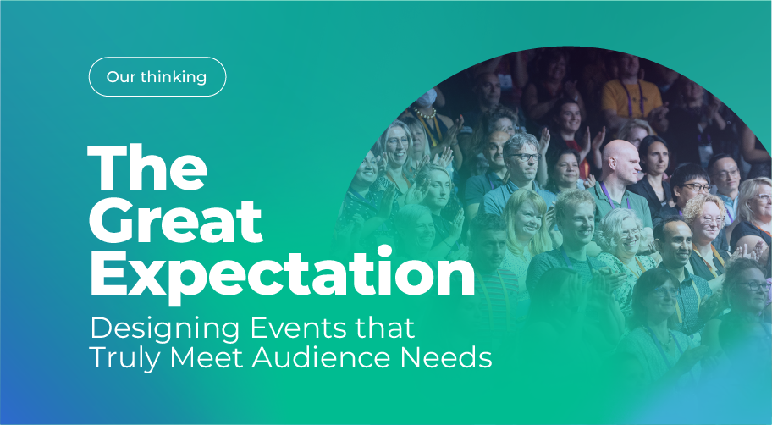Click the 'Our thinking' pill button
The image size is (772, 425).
point(157,77)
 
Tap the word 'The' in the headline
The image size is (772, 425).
point(147,168)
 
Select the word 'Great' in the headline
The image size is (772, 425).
point(175,222)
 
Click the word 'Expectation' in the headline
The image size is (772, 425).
point(282,275)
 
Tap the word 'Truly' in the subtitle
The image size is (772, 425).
point(125,359)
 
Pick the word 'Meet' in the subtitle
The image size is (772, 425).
point(207,357)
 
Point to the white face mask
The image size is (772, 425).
point(427,97)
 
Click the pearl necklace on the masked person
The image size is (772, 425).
point(425,113)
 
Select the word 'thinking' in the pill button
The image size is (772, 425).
point(174,77)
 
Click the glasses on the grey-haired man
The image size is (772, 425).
point(525,157)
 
